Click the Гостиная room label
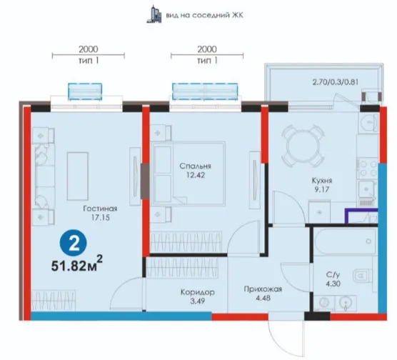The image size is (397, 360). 100,209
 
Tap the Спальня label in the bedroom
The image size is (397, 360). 195,166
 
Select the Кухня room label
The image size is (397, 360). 321,181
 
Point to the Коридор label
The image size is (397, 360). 198,292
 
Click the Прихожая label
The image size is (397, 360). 263,289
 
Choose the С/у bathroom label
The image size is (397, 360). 333,274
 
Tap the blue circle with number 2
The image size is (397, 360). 73,243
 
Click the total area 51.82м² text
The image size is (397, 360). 77,264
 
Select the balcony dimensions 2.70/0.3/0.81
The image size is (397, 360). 336,82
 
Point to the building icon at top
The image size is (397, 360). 154,14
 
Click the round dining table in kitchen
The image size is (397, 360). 303,146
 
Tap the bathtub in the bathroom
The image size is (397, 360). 345,241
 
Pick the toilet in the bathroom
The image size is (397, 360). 362,276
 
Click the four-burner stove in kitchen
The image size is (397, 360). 368,168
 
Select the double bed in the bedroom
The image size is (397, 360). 188,174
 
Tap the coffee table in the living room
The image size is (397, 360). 78,176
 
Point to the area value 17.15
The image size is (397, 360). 101,218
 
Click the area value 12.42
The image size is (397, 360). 196,175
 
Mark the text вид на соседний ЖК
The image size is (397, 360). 205,15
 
